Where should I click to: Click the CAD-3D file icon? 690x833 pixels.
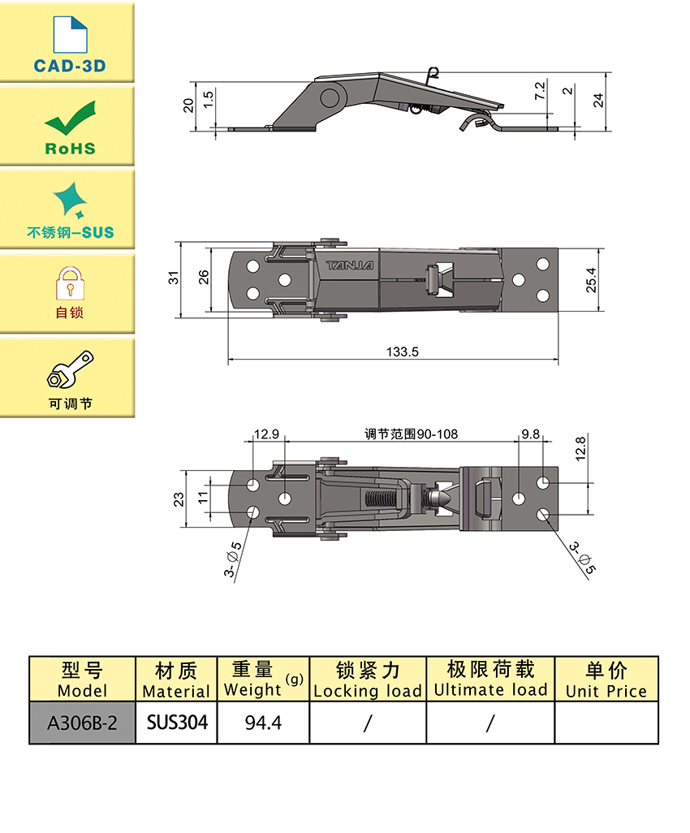pos(69,34)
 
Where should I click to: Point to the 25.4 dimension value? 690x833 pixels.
pos(592,279)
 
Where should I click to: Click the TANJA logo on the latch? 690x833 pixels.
pos(350,265)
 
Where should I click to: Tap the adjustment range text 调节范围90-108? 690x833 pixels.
pos(411,434)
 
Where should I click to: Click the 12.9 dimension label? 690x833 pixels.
pos(266,434)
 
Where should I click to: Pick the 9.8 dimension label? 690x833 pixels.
pos(531,434)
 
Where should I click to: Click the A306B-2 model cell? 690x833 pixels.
pos(82,722)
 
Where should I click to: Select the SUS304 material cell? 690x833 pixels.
pos(177,722)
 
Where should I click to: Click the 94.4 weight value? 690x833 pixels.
pos(263,722)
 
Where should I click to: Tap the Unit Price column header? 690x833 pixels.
pos(606,680)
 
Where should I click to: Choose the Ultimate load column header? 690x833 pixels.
pos(490,680)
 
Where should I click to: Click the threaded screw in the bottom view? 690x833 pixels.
pos(382,498)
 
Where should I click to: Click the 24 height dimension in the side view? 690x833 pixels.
pos(599,100)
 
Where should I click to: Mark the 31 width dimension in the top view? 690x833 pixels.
pos(173,278)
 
